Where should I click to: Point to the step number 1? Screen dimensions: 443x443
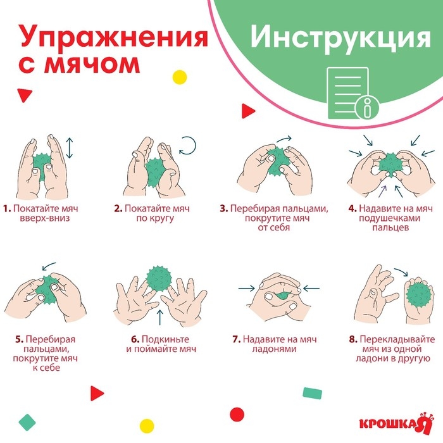pos(6,208)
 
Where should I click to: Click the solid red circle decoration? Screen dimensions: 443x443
pos(237,414)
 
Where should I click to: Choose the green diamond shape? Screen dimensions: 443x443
pos(26,420)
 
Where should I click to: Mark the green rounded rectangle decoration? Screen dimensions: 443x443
pos(313,394)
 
